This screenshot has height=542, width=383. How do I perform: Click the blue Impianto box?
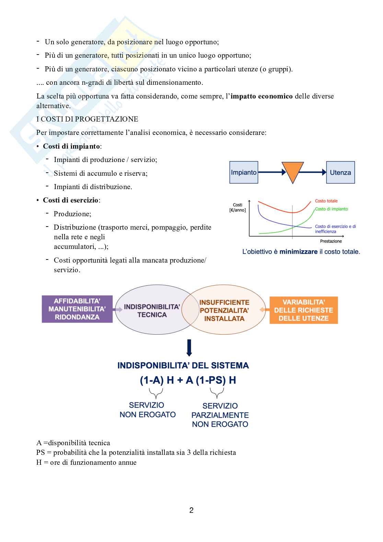click(244, 172)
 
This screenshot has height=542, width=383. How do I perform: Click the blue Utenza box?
click(340, 172)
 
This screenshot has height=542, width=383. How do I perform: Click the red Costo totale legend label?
click(326, 201)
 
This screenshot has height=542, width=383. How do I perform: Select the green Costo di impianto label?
click(331, 209)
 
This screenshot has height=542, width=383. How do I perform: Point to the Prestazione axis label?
click(331, 241)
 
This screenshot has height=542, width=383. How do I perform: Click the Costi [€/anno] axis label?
click(237, 207)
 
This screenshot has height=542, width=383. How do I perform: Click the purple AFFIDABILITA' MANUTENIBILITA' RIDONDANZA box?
click(77, 309)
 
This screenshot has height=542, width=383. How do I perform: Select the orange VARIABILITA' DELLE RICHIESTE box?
click(304, 310)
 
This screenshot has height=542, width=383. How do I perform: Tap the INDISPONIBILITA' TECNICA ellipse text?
click(152, 311)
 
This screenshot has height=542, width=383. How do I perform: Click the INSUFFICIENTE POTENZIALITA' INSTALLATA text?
click(224, 310)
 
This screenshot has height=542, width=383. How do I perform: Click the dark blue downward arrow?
click(189, 348)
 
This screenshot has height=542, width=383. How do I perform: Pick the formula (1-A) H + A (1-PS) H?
click(188, 380)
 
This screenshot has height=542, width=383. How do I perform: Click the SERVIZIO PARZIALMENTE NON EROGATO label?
click(220, 415)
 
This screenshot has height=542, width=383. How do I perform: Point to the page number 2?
click(191, 510)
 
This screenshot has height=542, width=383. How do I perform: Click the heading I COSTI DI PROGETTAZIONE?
click(87, 119)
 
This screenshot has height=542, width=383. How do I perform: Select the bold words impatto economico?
click(262, 96)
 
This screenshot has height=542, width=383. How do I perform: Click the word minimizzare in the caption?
click(298, 252)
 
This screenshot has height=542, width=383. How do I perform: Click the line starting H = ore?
click(86, 462)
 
